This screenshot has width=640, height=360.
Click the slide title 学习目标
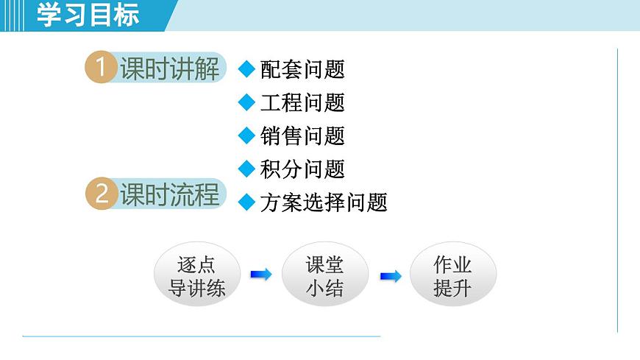(88, 15)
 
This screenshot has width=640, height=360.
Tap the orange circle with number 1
(101, 68)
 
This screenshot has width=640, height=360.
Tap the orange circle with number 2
(101, 194)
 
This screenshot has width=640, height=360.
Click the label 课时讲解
(169, 68)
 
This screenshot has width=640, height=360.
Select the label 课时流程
(169, 194)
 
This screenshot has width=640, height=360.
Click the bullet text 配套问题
(302, 70)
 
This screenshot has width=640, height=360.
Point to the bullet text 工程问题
(302, 103)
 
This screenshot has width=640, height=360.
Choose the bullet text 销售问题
(302, 136)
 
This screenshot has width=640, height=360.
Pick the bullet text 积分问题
(302, 169)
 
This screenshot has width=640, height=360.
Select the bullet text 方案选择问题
(324, 202)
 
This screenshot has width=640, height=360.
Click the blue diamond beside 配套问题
(246, 69)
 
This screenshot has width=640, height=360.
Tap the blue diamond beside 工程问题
(246, 102)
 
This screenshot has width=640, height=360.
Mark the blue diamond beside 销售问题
(246, 135)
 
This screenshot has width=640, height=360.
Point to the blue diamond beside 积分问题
(246, 169)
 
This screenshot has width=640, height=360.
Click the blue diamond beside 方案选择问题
(246, 202)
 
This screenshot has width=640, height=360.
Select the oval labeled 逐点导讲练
(196, 275)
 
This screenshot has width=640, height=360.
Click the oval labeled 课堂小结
(324, 275)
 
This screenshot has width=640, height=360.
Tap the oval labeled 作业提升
(452, 275)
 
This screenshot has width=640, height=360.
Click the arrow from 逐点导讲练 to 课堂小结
(260, 275)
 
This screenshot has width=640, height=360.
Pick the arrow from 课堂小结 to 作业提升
(390, 276)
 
